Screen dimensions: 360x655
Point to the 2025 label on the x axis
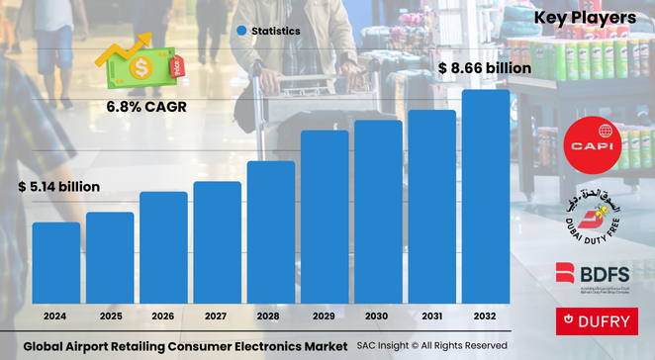point(110,316)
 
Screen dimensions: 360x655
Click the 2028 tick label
point(271,316)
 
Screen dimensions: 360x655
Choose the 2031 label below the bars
point(432,316)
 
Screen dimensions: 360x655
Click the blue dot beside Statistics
point(240,32)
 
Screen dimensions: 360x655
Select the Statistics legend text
point(276,32)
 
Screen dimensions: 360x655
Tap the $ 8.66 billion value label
point(485,68)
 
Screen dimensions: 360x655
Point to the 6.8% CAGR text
point(144,105)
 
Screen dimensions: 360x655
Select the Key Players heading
point(583,18)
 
